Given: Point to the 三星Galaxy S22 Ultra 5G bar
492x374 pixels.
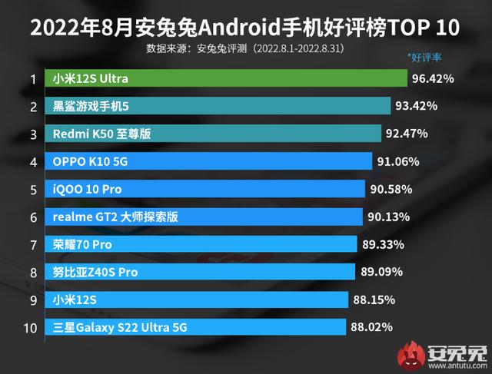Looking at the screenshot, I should click(x=197, y=328).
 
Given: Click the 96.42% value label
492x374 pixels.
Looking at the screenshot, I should click(x=433, y=79).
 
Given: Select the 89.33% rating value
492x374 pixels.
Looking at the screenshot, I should click(x=383, y=244).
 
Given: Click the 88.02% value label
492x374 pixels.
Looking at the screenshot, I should click(x=371, y=328).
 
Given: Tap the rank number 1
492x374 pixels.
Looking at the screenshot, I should click(x=33, y=79).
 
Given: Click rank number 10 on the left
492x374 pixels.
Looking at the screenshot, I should click(x=31, y=328).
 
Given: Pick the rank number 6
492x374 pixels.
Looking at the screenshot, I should click(x=33, y=217).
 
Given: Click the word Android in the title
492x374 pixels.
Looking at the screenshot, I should click(x=231, y=29).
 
